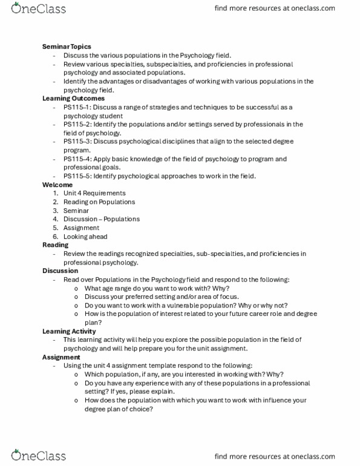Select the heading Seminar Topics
click(67, 47)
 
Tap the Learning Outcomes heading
click(73, 98)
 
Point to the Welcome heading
click(57, 185)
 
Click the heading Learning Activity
click(69, 331)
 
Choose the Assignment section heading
click(61, 357)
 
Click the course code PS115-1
click(76, 107)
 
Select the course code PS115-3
click(76, 142)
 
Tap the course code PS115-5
click(76, 176)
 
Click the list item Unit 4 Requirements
click(94, 193)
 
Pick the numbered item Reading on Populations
click(99, 202)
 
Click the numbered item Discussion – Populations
click(102, 219)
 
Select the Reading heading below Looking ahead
click(56, 245)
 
